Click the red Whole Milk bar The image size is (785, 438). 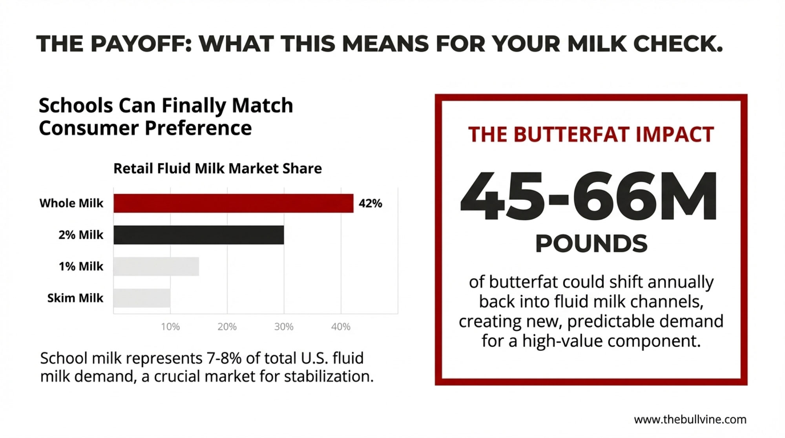(233, 203)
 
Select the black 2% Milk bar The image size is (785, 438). (199, 235)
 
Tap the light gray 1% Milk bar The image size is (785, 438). (156, 266)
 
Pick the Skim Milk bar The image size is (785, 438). (142, 298)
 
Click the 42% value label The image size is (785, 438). (370, 203)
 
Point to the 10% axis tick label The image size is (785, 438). (170, 327)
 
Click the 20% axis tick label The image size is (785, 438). (227, 327)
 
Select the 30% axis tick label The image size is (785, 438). (284, 327)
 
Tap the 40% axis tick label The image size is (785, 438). (341, 327)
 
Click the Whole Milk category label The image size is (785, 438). (71, 203)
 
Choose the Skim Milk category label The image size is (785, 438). (75, 298)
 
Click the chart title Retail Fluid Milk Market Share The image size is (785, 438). (217, 168)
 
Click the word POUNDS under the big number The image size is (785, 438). (591, 244)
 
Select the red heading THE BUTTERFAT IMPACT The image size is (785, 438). (591, 135)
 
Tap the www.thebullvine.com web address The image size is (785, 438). (690, 420)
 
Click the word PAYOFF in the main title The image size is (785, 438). (141, 44)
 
